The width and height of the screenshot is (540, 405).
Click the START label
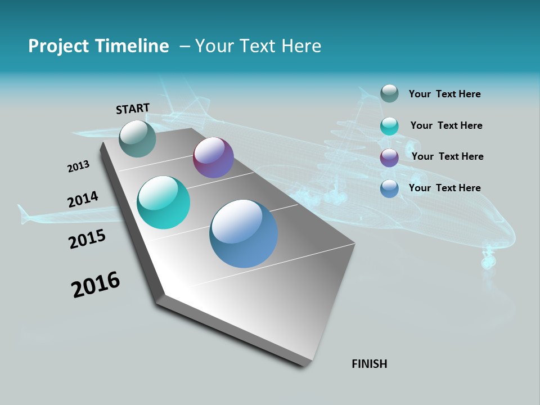coord(133,108)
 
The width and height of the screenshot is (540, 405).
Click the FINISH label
coord(370,364)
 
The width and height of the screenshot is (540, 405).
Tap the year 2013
coord(78,166)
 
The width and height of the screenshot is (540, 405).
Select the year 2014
coord(83,200)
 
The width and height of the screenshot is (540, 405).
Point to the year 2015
coord(87,239)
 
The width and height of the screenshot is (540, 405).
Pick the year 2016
coord(96,284)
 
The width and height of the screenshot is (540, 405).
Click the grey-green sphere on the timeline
coord(137,138)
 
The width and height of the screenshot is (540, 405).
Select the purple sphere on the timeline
coord(213,157)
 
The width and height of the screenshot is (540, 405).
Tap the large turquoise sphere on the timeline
coord(164,202)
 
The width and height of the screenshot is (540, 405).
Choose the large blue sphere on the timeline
coord(244,233)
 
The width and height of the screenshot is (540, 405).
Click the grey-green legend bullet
coord(389,93)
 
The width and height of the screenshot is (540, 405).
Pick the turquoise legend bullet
coord(389,126)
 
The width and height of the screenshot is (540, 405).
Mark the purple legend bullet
coord(389,157)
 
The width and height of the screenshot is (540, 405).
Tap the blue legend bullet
coord(389,188)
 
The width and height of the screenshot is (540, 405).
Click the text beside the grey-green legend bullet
coord(444,94)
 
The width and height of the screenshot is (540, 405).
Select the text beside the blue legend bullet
coord(444,188)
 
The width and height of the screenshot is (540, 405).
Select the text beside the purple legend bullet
coord(447,156)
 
